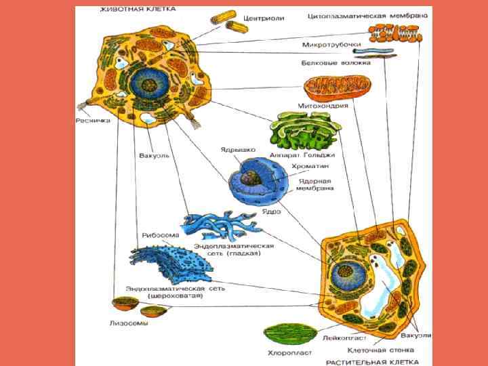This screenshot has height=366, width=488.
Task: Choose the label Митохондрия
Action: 323,106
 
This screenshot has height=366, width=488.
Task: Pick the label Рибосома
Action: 161,235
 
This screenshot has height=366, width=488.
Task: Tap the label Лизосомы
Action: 129,323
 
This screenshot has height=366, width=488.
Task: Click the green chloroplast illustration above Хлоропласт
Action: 289,333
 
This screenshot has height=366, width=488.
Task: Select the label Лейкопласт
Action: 345,338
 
